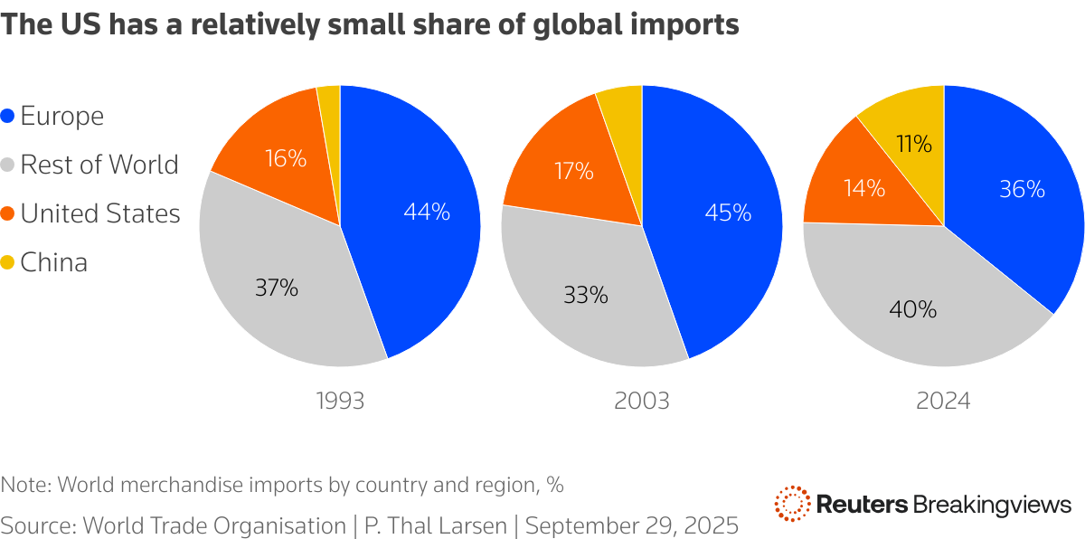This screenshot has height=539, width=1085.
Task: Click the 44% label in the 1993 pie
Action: click(428, 213)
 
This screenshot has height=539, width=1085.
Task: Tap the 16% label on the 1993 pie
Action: click(285, 159)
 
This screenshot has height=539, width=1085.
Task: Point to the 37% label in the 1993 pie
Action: click(276, 288)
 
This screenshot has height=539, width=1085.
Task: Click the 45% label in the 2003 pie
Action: click(729, 213)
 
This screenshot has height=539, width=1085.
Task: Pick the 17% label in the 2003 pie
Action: click(572, 171)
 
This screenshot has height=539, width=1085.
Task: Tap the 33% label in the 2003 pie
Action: click(586, 295)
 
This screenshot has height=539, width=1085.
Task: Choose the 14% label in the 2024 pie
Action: click(863, 189)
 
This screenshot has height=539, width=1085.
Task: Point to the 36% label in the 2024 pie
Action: click(1022, 190)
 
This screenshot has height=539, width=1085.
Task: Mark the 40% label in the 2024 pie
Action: click(913, 309)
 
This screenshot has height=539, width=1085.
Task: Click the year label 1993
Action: click(341, 401)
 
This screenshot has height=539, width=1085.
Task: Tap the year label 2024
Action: click(943, 401)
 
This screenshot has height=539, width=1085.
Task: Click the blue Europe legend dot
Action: click(8, 117)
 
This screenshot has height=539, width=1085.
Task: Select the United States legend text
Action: click(100, 214)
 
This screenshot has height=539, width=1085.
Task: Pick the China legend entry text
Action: click(54, 263)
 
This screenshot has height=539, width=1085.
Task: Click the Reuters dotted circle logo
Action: click(792, 504)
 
